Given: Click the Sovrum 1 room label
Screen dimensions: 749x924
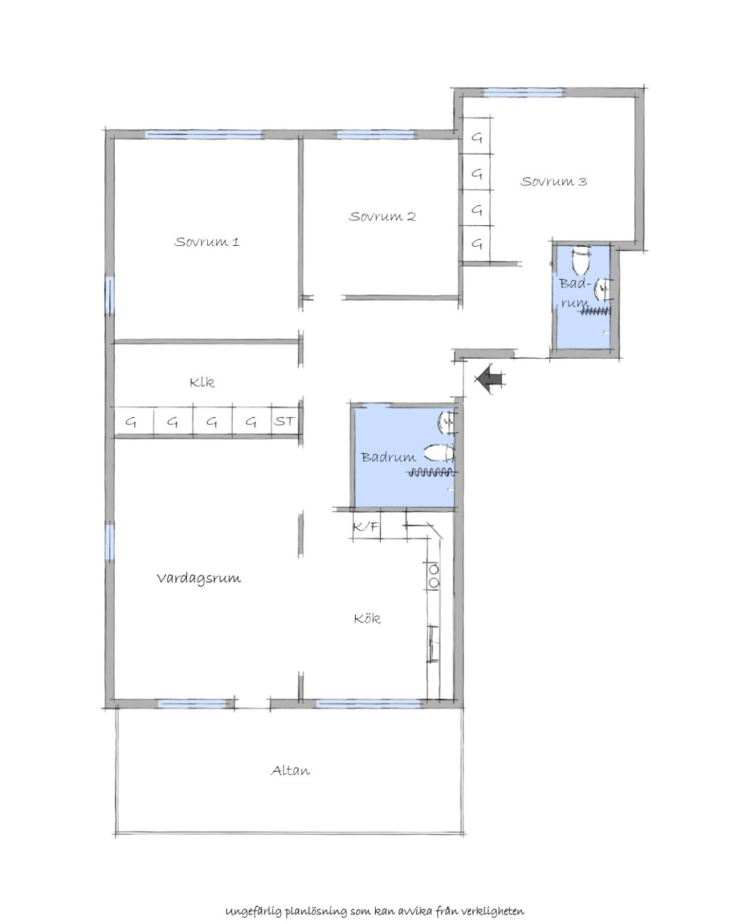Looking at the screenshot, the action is tap(207, 241).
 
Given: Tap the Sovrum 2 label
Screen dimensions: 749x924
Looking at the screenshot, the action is tap(382, 216).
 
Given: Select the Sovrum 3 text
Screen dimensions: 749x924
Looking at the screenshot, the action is tap(553, 181).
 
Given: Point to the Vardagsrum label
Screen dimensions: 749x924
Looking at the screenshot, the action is tap(198, 578).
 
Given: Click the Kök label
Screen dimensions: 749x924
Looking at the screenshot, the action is tap(367, 618).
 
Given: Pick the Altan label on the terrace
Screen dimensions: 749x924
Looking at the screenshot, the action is tap(290, 771).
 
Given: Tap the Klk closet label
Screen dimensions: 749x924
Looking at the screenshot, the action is tap(202, 382).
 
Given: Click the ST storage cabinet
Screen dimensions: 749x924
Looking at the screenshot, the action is tap(285, 421).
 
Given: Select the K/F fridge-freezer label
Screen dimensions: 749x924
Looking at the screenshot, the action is tap(366, 527).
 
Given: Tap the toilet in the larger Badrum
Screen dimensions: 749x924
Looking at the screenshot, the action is tap(439, 454).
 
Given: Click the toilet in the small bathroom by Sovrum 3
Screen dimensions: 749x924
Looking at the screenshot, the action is tap(580, 260).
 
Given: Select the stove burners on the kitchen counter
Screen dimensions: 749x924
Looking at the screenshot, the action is tap(434, 576).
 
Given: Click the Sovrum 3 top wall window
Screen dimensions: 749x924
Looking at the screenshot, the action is tap(525, 92).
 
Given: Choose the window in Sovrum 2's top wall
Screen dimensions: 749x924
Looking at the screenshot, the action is tap(376, 135).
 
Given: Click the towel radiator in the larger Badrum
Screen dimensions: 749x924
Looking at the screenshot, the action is tap(431, 472).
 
